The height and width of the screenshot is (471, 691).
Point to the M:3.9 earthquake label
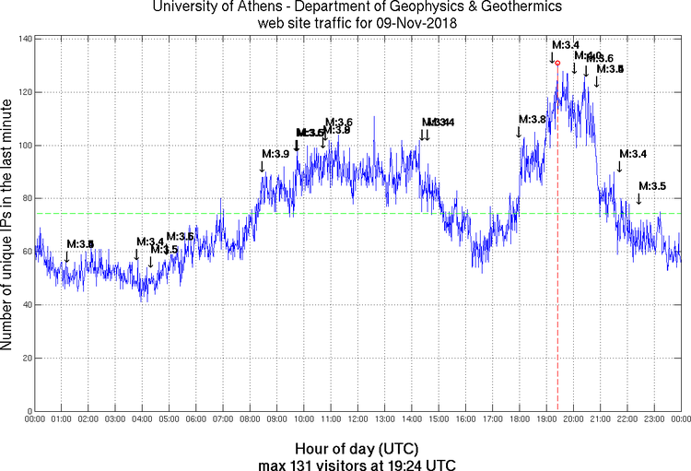pyautogui.click(x=275, y=154)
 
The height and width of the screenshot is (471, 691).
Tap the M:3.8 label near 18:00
pyautogui.click(x=533, y=120)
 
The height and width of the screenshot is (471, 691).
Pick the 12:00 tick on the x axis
pyautogui.click(x=358, y=419)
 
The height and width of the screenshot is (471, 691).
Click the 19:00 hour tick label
pyautogui.click(x=546, y=419)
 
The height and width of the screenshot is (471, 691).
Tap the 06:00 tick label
pyautogui.click(x=196, y=419)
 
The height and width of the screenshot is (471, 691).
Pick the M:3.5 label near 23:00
pyautogui.click(x=652, y=186)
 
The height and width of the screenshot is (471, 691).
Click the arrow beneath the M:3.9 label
pyautogui.click(x=263, y=167)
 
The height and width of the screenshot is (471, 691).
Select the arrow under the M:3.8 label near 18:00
pyautogui.click(x=519, y=133)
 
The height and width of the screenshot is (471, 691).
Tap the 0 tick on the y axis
pyautogui.click(x=28, y=411)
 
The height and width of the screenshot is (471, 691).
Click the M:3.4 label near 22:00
pyautogui.click(x=632, y=154)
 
